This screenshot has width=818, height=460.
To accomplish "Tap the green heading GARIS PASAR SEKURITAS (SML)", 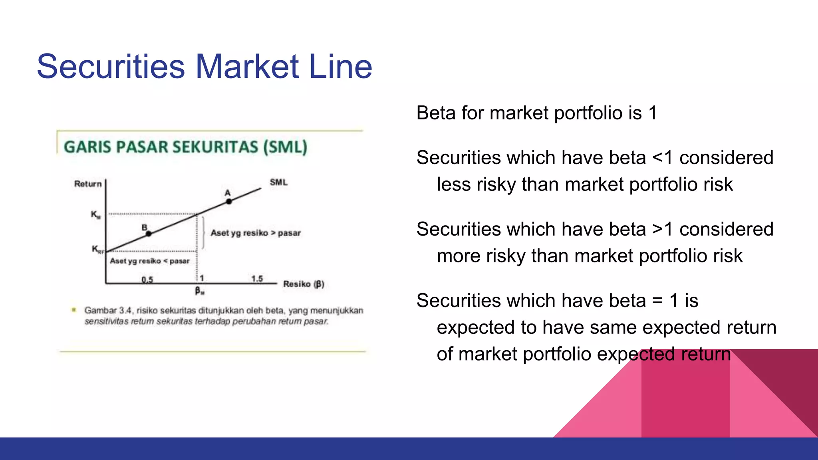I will [x=186, y=147].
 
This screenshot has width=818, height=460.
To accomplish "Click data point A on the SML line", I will [x=229, y=201].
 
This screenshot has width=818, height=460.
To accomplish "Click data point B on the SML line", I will [x=148, y=233].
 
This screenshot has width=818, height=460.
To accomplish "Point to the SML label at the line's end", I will [x=278, y=182].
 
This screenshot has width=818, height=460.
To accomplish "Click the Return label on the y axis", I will [x=88, y=184].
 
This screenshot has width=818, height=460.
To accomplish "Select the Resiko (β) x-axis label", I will [x=304, y=284].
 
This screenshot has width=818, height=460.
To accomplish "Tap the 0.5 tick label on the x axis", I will [x=147, y=279].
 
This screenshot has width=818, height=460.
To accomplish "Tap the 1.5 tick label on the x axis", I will [x=257, y=278].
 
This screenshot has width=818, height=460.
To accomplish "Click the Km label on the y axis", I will [x=95, y=215].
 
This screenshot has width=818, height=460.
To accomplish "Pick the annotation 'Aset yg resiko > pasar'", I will [x=256, y=233].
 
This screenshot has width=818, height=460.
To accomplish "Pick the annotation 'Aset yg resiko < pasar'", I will [x=150, y=261].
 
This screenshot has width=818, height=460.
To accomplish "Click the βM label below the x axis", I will [x=199, y=291].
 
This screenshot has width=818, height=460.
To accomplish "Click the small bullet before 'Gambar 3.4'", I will [x=73, y=310].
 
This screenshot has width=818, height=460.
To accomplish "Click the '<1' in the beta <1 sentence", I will [x=663, y=158].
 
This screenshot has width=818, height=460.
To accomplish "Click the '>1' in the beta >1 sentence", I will [x=663, y=229].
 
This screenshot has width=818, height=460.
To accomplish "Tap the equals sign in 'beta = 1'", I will [x=657, y=301].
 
